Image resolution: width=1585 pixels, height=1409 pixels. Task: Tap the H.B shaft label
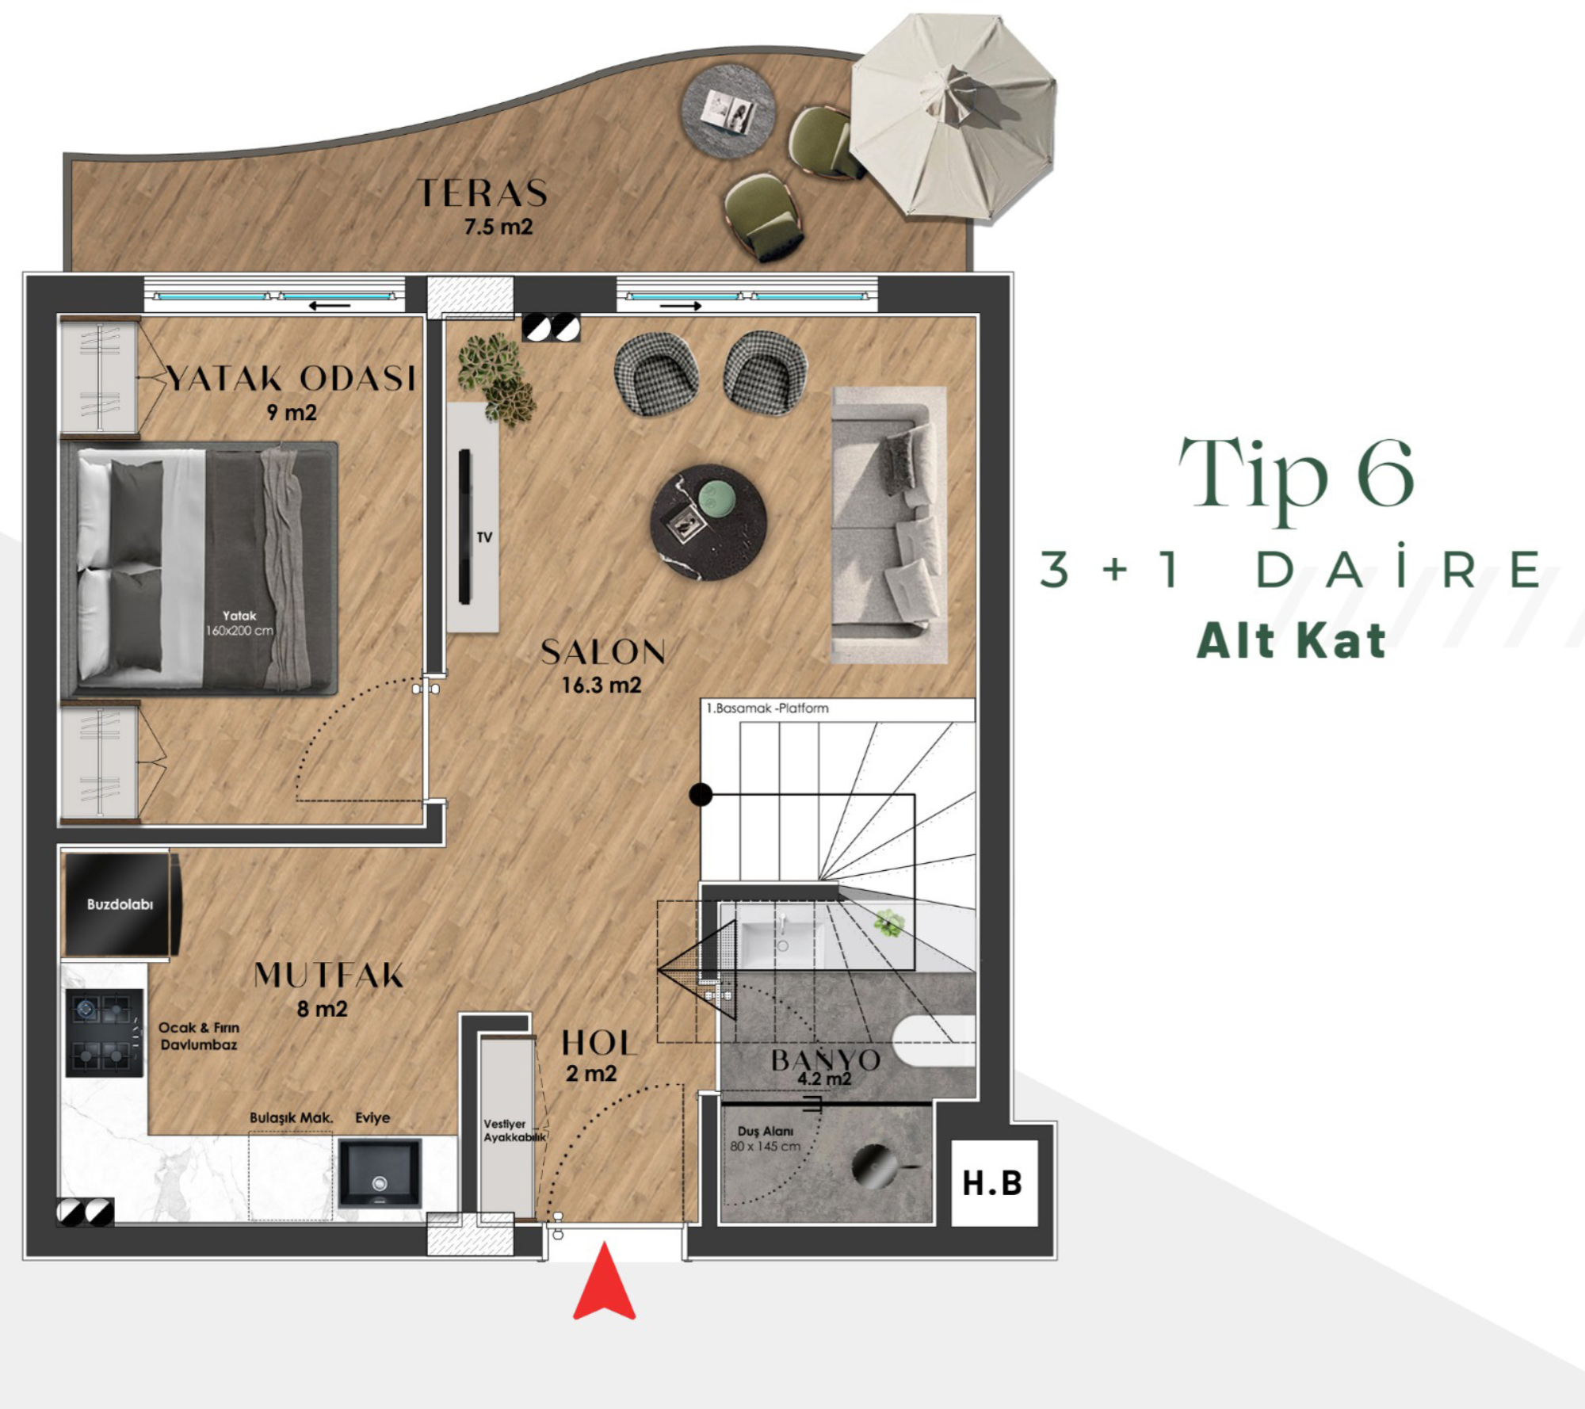tap(992, 1183)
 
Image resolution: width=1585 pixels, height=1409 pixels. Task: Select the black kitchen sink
tap(380, 1173)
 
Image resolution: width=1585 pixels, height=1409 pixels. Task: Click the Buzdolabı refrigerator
tap(120, 904)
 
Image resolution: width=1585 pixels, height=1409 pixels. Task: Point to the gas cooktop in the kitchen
tap(104, 1033)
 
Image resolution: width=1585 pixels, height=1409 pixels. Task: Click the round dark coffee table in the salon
tap(708, 522)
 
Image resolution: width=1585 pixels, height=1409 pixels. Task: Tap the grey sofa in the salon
tap(888, 525)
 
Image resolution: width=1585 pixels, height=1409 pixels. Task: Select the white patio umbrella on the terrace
tap(953, 116)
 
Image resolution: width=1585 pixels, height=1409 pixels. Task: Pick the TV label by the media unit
tap(484, 537)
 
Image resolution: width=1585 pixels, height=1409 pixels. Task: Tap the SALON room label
tap(603, 652)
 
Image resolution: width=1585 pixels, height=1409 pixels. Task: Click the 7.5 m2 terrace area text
tap(498, 227)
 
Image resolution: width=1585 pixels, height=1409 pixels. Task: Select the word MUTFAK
tap(329, 975)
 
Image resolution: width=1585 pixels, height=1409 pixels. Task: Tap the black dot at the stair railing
tap(701, 794)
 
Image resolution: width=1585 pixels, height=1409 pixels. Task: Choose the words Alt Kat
tap(1292, 640)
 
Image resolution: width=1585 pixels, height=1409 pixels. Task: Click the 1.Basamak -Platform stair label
tap(767, 708)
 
